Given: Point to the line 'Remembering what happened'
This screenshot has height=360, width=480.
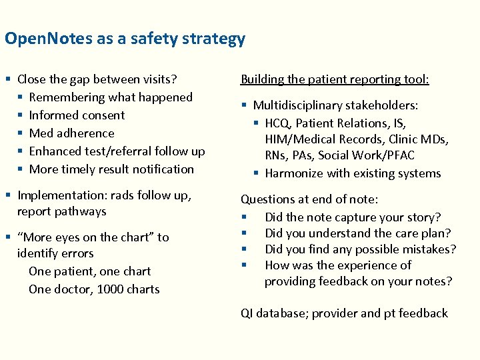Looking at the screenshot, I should (x=111, y=97).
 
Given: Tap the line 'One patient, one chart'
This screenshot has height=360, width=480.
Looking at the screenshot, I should (x=89, y=271).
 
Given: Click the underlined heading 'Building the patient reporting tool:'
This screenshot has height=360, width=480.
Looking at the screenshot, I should (x=335, y=79).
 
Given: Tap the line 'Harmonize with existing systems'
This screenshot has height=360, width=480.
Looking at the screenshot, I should (x=353, y=173).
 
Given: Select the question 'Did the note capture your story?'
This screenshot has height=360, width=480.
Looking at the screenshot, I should (x=353, y=217).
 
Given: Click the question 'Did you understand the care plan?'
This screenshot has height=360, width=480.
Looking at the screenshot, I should (x=357, y=233).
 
